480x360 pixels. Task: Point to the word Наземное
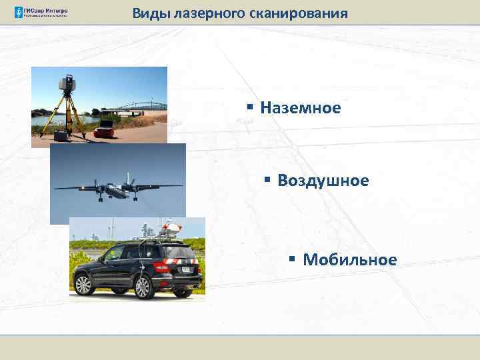pos(301,107)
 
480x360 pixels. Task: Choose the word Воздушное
pos(323,181)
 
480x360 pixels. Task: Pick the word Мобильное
pos(349,259)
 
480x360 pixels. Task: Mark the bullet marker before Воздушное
pos(267,181)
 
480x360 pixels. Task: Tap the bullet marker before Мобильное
pos(293,259)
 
